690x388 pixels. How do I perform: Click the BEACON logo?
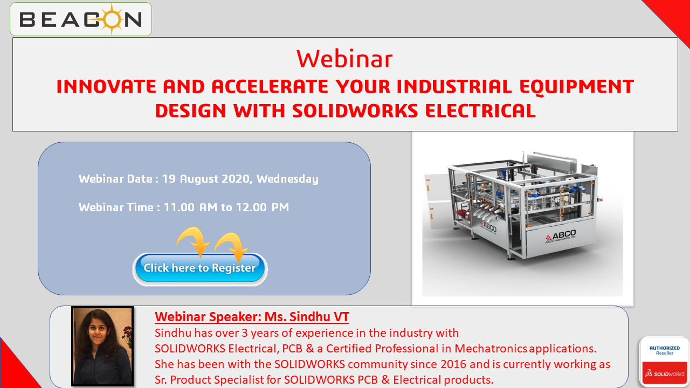pyautogui.click(x=81, y=19)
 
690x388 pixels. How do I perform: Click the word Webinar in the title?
pyautogui.click(x=344, y=59)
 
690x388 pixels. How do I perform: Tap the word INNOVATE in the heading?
pyautogui.click(x=106, y=86)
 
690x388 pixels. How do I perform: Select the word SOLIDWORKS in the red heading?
pyautogui.click(x=355, y=111)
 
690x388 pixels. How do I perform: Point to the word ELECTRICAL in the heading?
pyautogui.click(x=480, y=111)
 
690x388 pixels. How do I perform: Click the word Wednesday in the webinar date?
pyautogui.click(x=287, y=179)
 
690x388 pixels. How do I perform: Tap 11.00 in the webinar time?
pyautogui.click(x=179, y=207)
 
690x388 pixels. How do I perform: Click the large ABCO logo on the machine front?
pyautogui.click(x=561, y=237)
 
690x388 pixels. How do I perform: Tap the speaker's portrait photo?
pyautogui.click(x=102, y=346)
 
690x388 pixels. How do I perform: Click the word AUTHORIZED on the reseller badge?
pyautogui.click(x=665, y=348)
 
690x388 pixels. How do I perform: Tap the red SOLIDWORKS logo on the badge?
pyautogui.click(x=665, y=373)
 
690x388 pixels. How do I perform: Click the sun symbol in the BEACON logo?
pyautogui.click(x=112, y=19)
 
